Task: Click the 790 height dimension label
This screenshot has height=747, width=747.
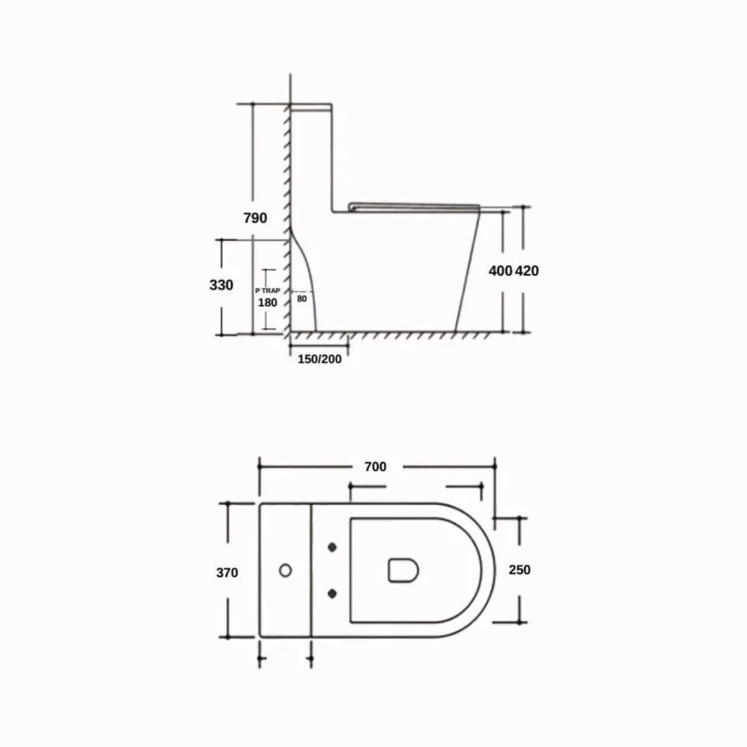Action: click(x=255, y=218)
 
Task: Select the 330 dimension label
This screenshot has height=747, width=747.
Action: click(x=222, y=285)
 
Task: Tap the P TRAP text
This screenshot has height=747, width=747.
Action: click(x=268, y=291)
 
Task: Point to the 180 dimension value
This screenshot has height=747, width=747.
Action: click(x=268, y=303)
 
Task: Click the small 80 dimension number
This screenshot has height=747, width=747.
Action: click(x=302, y=299)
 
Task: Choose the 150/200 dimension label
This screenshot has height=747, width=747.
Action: click(x=319, y=359)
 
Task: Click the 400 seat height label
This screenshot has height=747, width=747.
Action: click(x=500, y=271)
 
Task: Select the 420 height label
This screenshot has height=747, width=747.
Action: click(x=527, y=271)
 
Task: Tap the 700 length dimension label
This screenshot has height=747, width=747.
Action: click(x=375, y=466)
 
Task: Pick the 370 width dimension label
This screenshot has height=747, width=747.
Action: click(x=227, y=572)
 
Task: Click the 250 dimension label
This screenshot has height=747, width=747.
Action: click(x=520, y=570)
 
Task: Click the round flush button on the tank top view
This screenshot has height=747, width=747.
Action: click(x=285, y=570)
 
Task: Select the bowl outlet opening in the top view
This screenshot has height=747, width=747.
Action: click(x=403, y=570)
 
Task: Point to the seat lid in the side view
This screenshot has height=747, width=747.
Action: click(x=414, y=205)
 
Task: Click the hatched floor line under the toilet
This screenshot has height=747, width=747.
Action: click(x=386, y=336)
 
